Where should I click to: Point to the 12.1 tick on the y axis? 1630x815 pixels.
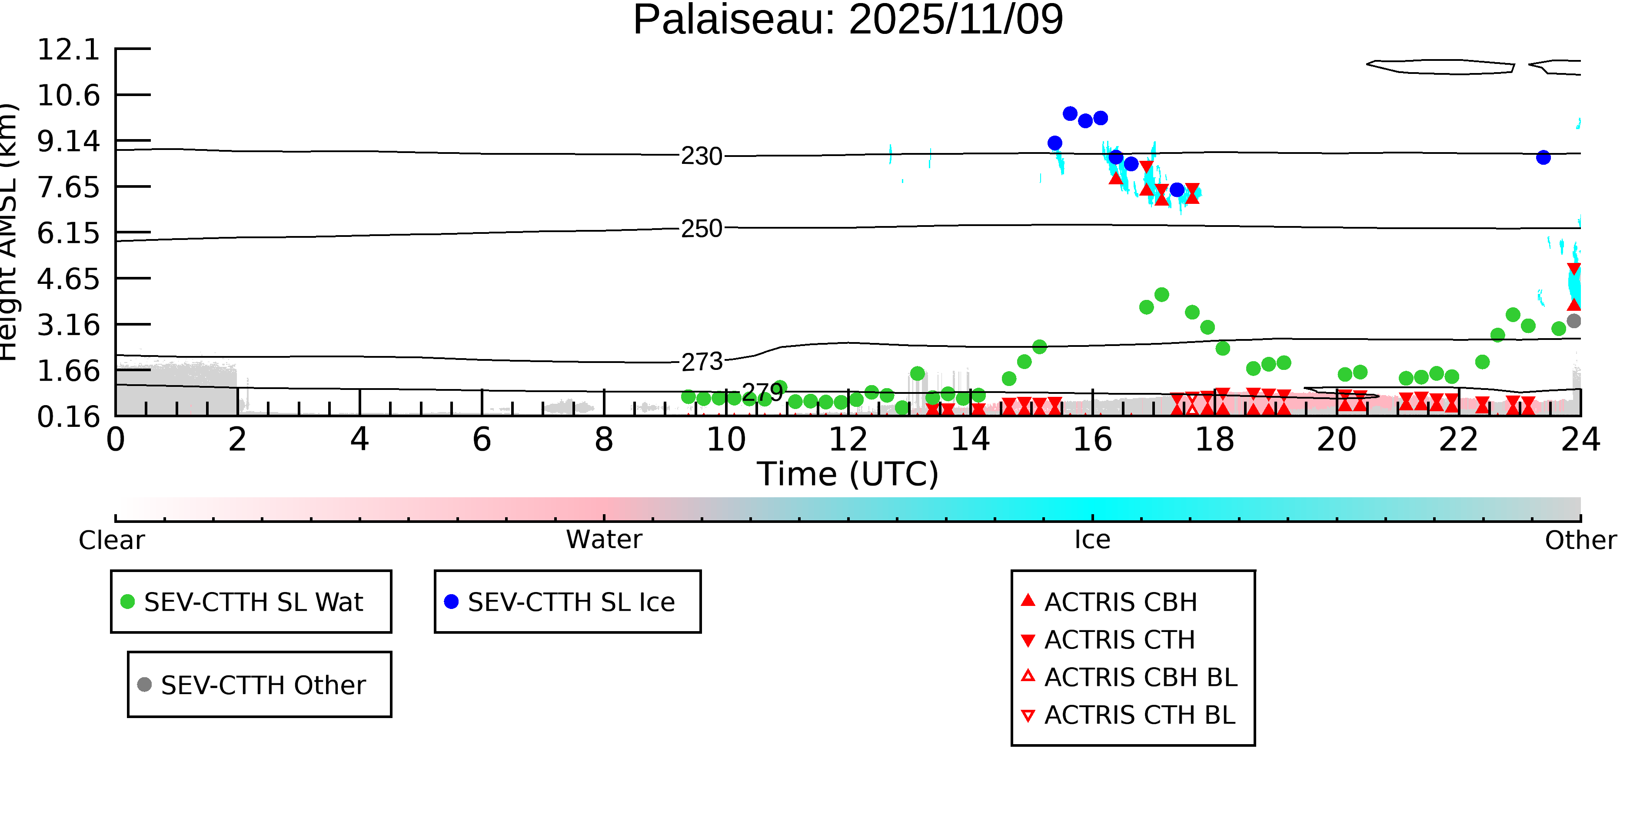click(x=68, y=50)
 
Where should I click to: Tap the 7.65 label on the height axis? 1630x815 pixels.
click(x=68, y=187)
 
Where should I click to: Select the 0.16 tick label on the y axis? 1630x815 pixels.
click(x=68, y=417)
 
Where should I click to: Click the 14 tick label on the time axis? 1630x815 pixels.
click(x=970, y=440)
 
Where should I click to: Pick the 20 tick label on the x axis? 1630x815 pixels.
click(x=1337, y=440)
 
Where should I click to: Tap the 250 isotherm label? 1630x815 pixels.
click(x=701, y=229)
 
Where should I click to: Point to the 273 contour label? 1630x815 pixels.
click(x=701, y=362)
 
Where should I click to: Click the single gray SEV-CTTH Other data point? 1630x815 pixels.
click(x=1573, y=321)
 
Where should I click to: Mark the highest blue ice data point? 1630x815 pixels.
click(x=1070, y=114)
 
